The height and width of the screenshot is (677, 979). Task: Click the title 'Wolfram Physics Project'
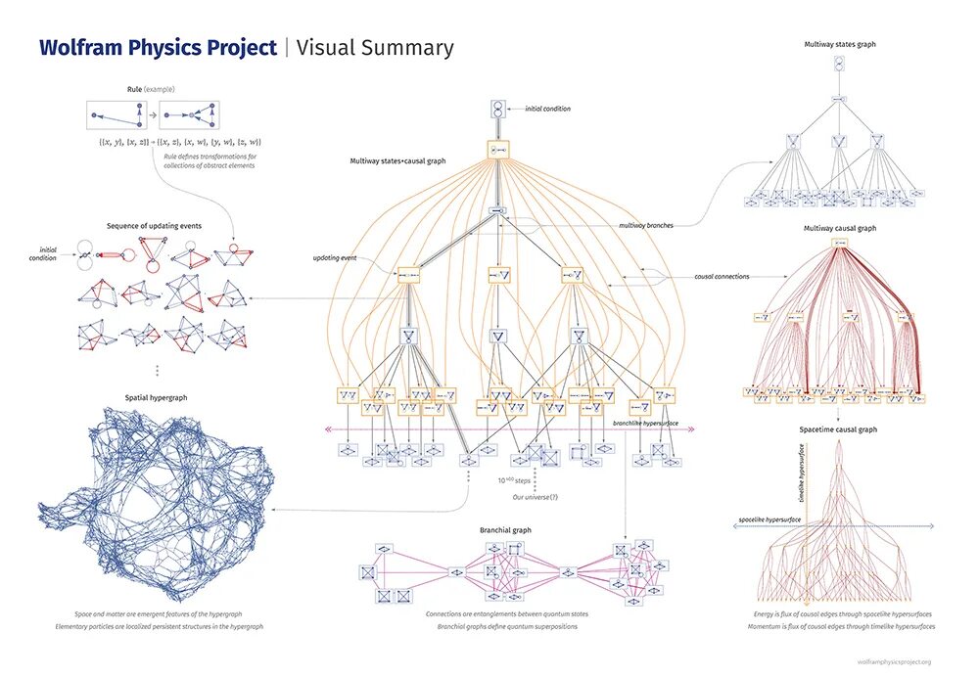point(158,48)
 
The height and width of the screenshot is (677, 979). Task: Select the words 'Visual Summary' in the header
point(375,48)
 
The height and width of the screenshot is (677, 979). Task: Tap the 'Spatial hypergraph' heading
point(157,397)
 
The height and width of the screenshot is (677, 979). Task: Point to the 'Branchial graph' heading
point(505,529)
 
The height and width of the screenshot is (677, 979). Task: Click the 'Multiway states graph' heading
point(838,45)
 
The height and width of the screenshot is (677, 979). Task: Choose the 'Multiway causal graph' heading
point(838,227)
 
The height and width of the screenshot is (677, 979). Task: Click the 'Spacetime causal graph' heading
point(838,429)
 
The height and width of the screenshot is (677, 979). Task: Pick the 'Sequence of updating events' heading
point(155,225)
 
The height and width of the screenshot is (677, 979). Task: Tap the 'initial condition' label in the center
point(547,109)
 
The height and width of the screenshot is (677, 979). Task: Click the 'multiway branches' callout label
point(645,225)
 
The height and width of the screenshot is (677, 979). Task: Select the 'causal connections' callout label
point(722,277)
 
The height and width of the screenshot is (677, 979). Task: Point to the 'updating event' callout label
point(334,257)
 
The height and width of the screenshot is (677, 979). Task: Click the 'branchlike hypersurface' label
point(644,424)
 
